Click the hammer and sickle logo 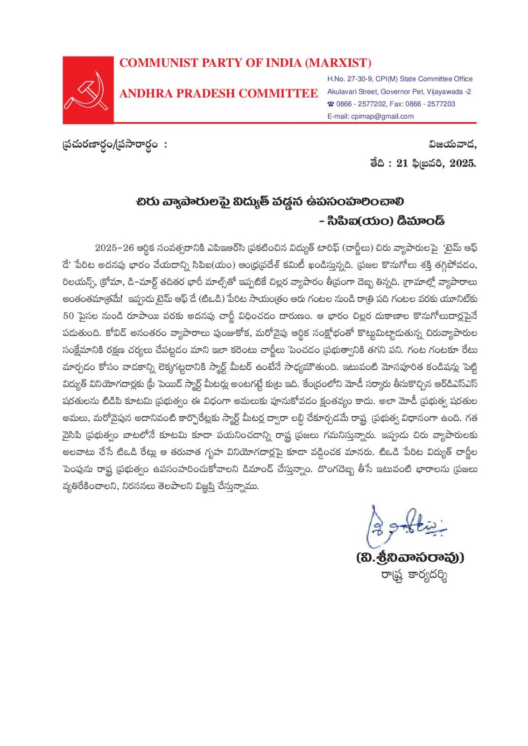pos(88,90)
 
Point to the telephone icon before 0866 pos(331,104)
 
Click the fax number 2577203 pos(441,104)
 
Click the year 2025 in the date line pos(462,163)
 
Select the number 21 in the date pos(402,163)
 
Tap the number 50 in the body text pos(69,316)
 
